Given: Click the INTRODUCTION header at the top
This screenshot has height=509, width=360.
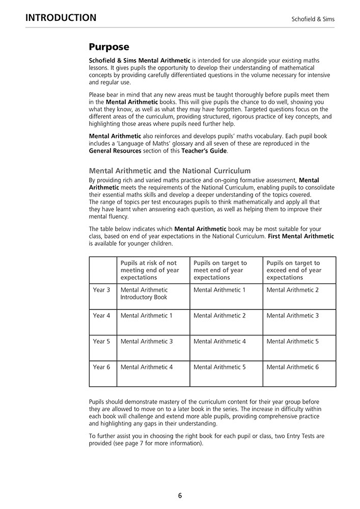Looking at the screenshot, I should pos(61,18).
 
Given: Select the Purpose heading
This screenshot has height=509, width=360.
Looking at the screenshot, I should pos(109,47).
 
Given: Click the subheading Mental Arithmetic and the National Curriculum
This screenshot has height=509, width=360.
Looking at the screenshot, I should pos(170,171).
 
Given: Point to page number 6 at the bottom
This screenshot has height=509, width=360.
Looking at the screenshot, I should pos(180,495).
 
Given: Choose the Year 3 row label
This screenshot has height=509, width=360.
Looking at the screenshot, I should pos(101,290).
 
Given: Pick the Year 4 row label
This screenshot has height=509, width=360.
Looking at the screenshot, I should pos(101,316).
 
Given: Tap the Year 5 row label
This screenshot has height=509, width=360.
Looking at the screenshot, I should pos(101,342).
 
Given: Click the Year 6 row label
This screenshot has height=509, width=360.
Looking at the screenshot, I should pos(101,367).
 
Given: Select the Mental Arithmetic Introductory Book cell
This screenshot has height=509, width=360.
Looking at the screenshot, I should pos(144,294).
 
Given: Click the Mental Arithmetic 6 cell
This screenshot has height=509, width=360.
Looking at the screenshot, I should pos(293,367).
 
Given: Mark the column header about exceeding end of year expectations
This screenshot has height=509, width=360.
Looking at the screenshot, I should pos(294,270).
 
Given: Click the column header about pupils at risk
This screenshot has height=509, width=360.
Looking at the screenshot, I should pos(150,270).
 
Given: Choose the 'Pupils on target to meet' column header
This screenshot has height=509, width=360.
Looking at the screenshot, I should pos(220,270).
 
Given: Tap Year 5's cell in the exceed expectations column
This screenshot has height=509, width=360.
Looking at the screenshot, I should pos(293,342).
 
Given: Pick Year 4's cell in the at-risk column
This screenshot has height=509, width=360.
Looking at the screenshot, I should pos(147,316).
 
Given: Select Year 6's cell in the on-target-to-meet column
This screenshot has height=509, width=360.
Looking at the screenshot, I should pos(220,367).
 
